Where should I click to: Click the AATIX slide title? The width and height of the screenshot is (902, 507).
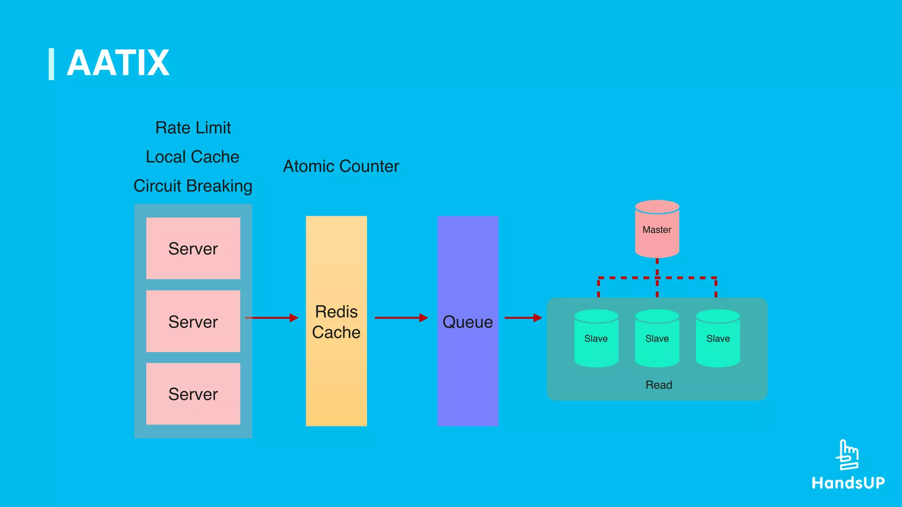pos(118,63)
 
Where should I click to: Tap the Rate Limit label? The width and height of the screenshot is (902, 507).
pos(193,128)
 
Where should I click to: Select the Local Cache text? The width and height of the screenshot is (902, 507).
pos(192,157)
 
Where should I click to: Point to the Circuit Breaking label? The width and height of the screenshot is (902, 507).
pos(193,186)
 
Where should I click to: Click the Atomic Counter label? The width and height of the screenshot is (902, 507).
pos(341,166)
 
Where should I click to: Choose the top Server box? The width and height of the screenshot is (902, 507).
pos(193,248)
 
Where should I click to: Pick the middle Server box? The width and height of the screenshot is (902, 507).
pos(193,321)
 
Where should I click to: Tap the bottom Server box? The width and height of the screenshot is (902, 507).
pos(193,394)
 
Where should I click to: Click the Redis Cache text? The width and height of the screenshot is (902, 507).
pos(336,322)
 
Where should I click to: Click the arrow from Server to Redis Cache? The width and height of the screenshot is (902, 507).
pos(272,317)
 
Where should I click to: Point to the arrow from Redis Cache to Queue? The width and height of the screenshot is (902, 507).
pos(401,317)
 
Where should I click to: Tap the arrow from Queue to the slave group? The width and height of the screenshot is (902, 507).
pos(523,317)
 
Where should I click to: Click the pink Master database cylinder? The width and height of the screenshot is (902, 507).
pos(657,229)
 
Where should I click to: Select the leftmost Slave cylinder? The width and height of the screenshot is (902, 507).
pos(596,338)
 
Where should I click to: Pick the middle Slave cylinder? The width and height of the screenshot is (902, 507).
pos(657,338)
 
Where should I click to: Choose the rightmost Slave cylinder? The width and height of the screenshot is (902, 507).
pos(718,338)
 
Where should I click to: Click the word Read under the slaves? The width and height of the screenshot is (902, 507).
pos(658,385)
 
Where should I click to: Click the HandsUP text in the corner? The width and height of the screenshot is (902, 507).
pos(848,483)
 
